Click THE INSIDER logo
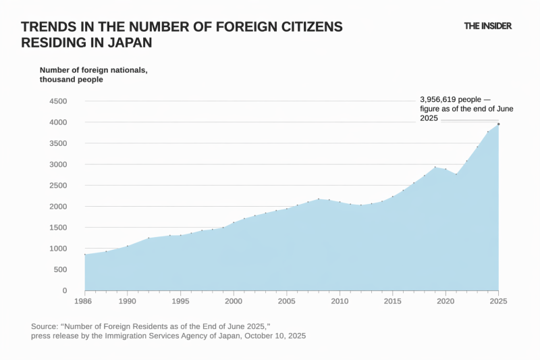pyautogui.click(x=487, y=26)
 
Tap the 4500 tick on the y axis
pyautogui.click(x=57, y=101)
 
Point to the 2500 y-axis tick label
pyautogui.click(x=57, y=185)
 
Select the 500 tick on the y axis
pyautogui.click(x=59, y=269)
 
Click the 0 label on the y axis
pyautogui.click(x=64, y=290)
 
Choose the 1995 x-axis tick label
pyautogui.click(x=180, y=301)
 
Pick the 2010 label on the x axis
pyautogui.click(x=340, y=301)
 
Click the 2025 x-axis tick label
pyautogui.click(x=498, y=301)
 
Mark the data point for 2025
pyautogui.click(x=498, y=124)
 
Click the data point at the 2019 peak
pyautogui.click(x=435, y=167)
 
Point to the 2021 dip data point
pyautogui.click(x=456, y=174)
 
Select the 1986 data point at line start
pyautogui.click(x=85, y=255)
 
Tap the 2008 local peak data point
pyautogui.click(x=318, y=199)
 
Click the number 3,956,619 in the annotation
pyautogui.click(x=439, y=98)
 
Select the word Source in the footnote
pyautogui.click(x=45, y=326)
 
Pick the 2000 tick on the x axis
pyautogui.click(x=234, y=301)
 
